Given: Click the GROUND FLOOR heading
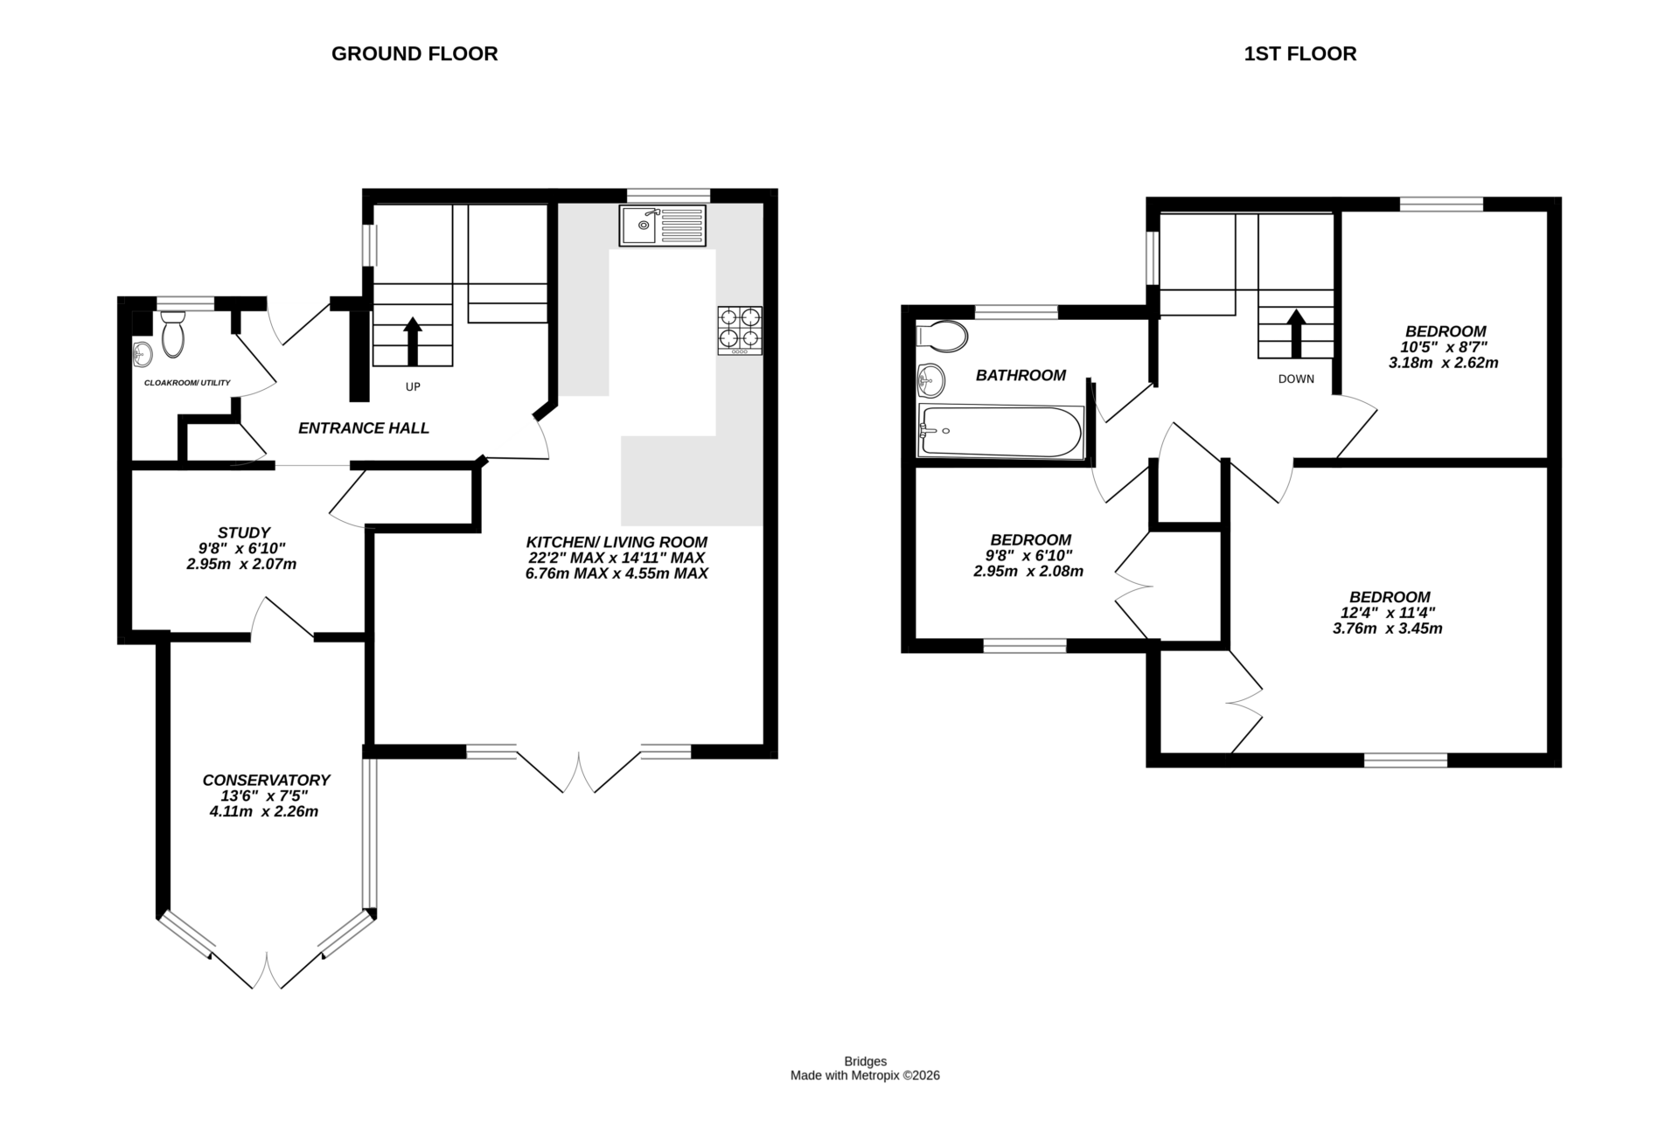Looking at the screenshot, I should pos(415,54).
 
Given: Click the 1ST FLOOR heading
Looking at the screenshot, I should pos(1299,54).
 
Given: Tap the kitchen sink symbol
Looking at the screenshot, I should pos(662,226).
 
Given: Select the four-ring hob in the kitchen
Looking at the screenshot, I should pos(740,330).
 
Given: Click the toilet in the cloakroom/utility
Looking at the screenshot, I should pos(173,337).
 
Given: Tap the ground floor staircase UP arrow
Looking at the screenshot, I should pos(413,341).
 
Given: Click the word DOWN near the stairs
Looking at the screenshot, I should pos(1296,379).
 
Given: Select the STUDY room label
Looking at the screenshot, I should pos(243,532).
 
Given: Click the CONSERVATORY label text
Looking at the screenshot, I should pos(266,780).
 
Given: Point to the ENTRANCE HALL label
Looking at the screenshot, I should pos(364,428).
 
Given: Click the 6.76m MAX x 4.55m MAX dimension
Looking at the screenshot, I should pos(617,574).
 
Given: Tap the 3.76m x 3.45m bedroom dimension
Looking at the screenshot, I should pos(1388,629).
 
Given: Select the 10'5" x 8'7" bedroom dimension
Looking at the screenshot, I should pos(1443,347).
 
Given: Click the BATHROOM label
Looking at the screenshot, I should pos(1021,376).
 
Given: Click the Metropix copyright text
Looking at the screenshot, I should pos(865,1076).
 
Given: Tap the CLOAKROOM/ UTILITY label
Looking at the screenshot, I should pos(187,383).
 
